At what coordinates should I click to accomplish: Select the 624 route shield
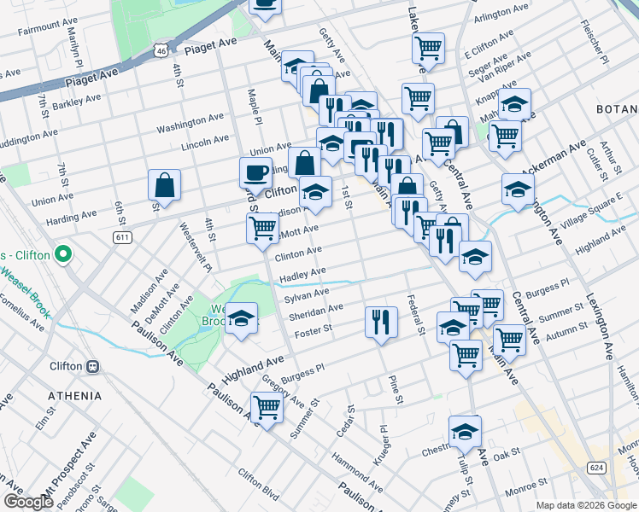(x=595, y=468)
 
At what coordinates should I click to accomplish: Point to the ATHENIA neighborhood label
(x=74, y=396)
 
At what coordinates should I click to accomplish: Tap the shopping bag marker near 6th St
(x=164, y=184)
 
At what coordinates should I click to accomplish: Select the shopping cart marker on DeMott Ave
(x=262, y=228)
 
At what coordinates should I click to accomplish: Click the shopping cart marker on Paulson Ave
(x=267, y=407)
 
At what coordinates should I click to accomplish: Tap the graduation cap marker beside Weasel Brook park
(x=242, y=318)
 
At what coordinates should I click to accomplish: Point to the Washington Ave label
(x=190, y=123)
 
